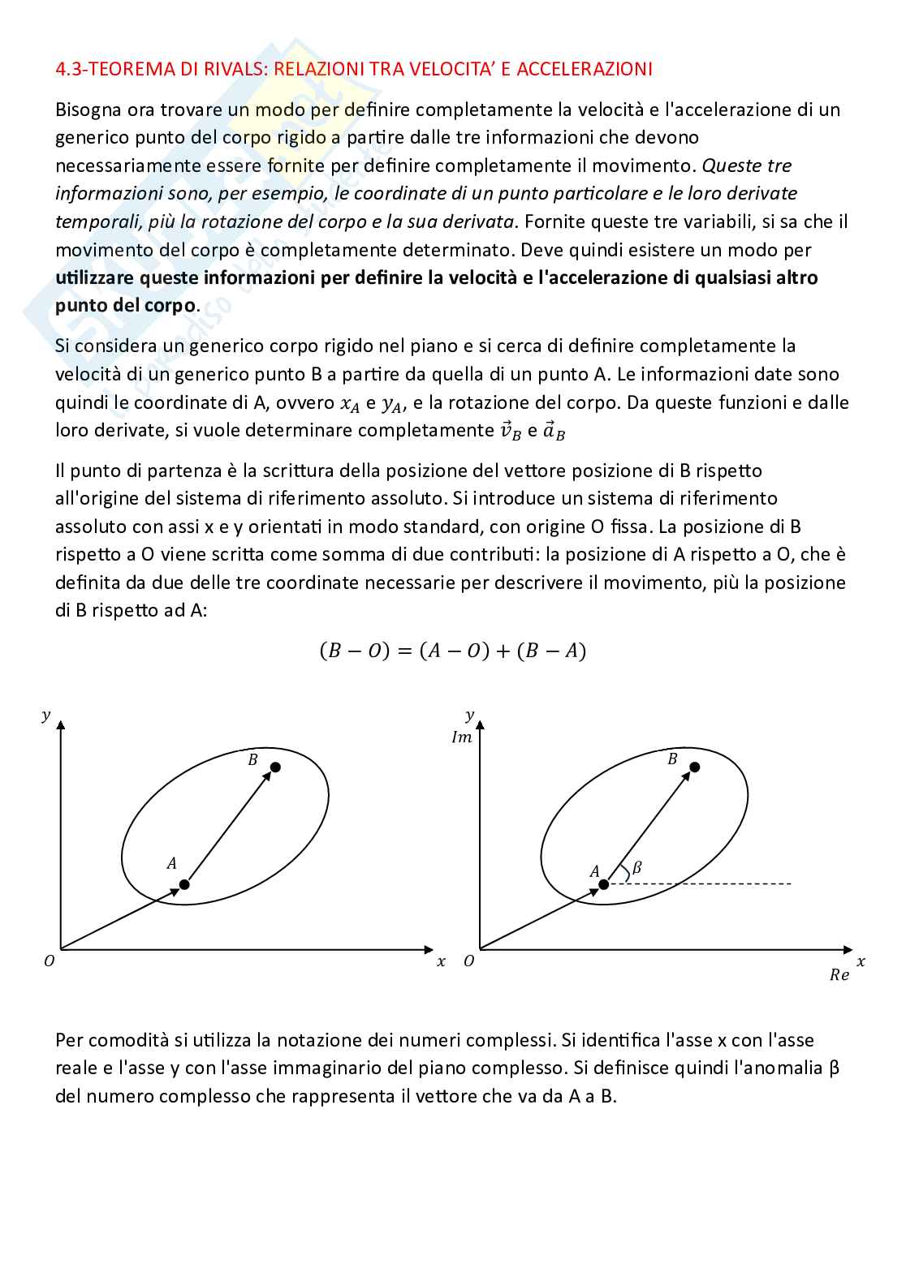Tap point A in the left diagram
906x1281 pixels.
pos(184,883)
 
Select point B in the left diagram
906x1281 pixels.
pos(275,767)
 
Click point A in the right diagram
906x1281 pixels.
pos(602,883)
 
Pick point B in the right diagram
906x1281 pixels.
pos(694,767)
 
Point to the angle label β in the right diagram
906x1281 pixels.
pos(636,867)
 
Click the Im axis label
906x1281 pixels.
pos(462,737)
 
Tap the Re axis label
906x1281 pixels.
pos(839,975)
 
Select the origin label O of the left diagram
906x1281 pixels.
pos(50,961)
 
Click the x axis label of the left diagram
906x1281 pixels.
pos(441,961)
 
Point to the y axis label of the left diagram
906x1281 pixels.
pos(46,715)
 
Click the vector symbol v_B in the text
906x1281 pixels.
pos(509,431)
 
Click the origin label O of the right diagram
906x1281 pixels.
pos(468,961)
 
